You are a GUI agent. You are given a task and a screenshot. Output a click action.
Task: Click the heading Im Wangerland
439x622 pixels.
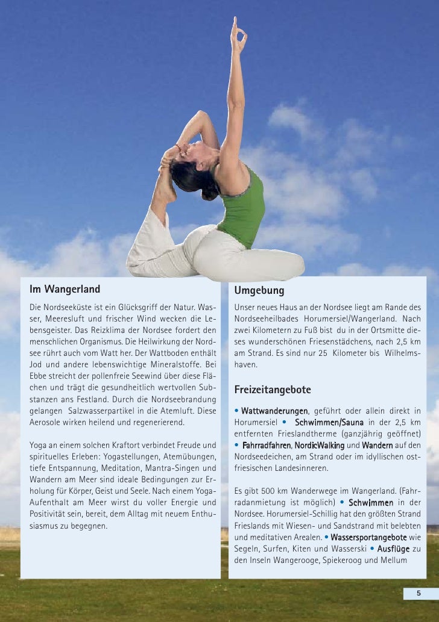(x=65, y=289)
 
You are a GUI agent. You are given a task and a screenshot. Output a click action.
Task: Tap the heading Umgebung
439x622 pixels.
(x=259, y=291)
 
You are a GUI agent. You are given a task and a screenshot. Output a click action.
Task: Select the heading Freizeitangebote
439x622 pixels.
(x=273, y=390)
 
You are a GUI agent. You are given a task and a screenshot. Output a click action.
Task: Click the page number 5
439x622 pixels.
(x=418, y=594)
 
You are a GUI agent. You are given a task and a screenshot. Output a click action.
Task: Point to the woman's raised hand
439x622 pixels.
(x=239, y=36)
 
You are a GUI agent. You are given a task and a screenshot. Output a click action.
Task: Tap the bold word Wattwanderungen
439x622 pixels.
(x=274, y=411)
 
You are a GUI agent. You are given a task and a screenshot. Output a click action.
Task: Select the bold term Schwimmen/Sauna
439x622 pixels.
(x=329, y=423)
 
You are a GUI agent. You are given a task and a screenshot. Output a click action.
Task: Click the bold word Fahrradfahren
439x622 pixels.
(x=267, y=446)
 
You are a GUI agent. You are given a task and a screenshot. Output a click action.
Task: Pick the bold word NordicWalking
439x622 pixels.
(x=319, y=446)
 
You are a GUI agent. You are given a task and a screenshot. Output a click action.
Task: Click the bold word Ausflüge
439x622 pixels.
(x=393, y=549)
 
